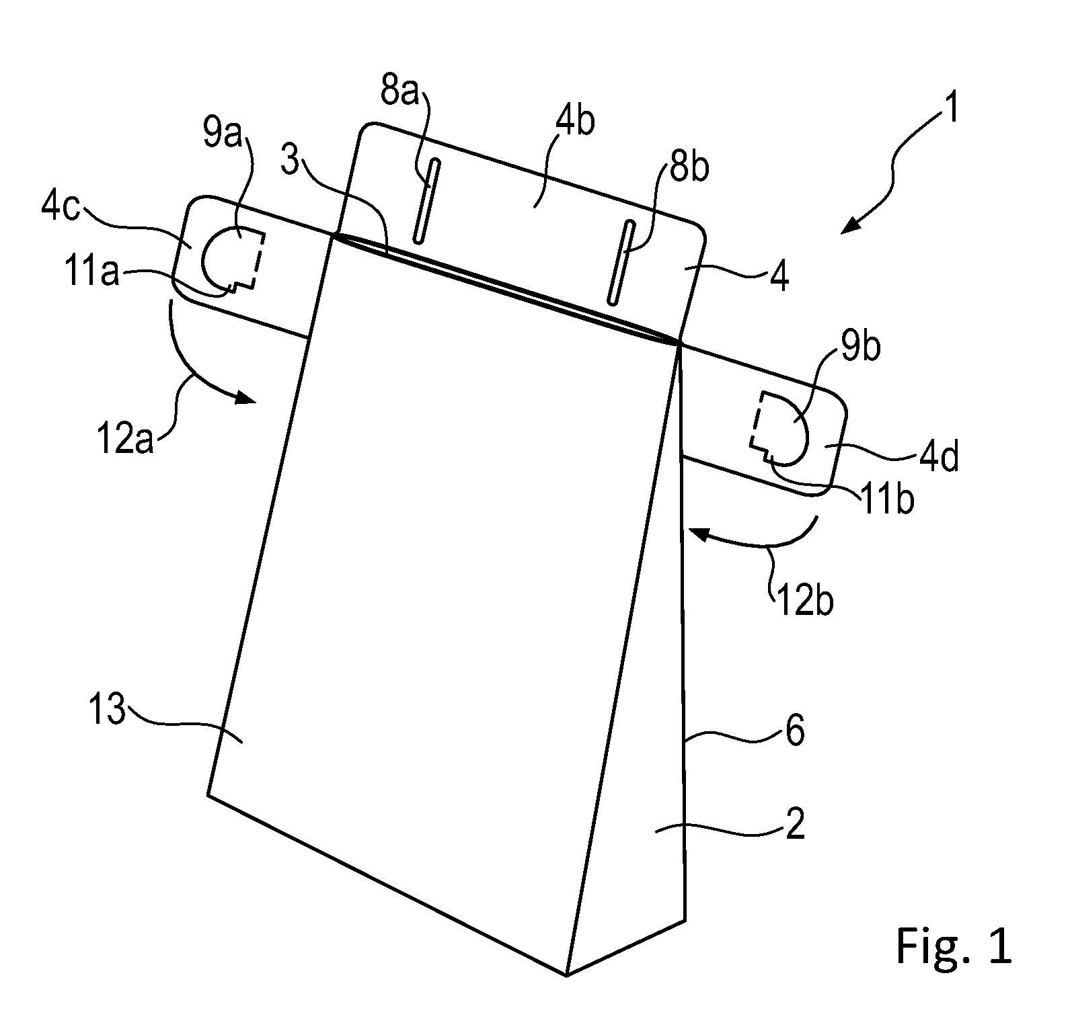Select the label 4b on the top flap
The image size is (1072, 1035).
click(x=576, y=122)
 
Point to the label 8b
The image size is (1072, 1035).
click(x=689, y=165)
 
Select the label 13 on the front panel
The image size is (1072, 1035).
click(x=108, y=710)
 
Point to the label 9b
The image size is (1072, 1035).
click(x=859, y=347)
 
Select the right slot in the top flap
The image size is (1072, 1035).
click(x=621, y=262)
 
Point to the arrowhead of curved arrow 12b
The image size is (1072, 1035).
click(x=698, y=534)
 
